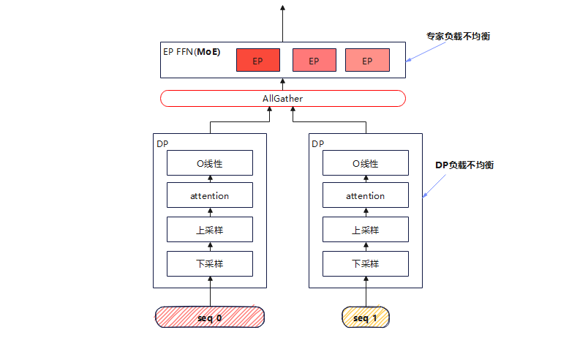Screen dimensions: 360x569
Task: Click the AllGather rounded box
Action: [x=282, y=98]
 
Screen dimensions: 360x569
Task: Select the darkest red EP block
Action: [x=258, y=61]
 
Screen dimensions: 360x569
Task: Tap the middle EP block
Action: [x=314, y=61]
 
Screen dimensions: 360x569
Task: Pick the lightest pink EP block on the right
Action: [x=366, y=61]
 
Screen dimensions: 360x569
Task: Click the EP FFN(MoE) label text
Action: [x=192, y=53]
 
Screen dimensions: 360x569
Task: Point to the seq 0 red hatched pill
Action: [x=209, y=318]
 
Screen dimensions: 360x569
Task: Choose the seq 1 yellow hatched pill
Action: [x=366, y=318]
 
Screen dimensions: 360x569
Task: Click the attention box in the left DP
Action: [x=210, y=195]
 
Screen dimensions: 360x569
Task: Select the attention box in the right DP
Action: [x=366, y=195]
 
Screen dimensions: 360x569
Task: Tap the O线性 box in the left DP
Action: [x=210, y=163]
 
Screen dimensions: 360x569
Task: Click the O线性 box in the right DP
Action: [x=366, y=163]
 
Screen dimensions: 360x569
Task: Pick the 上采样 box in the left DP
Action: [x=210, y=230]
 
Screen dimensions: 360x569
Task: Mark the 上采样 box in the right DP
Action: [x=366, y=230]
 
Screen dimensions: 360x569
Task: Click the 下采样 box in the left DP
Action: [x=210, y=263]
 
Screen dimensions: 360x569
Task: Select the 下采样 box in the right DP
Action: [x=366, y=263]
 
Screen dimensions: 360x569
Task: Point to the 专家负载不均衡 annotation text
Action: [x=458, y=36]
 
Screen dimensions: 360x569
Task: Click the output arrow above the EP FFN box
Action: [x=283, y=22]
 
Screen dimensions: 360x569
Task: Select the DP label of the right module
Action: [x=317, y=144]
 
